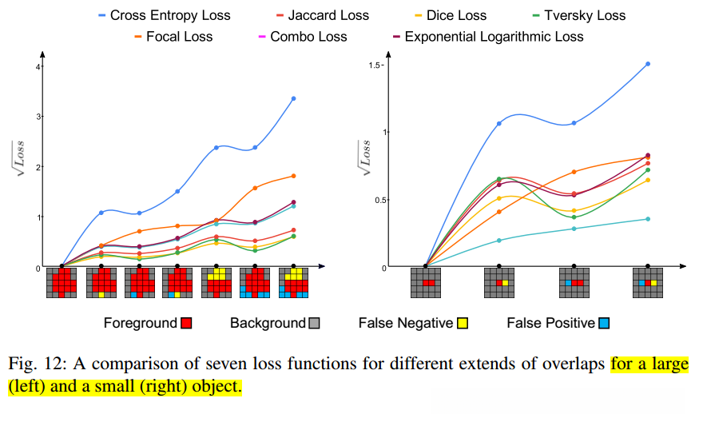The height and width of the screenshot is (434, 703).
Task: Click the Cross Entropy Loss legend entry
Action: (x=164, y=15)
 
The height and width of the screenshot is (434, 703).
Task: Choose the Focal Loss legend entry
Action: (x=173, y=37)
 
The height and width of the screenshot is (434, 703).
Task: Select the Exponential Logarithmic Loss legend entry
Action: (x=487, y=37)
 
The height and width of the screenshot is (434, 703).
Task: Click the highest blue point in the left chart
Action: (x=293, y=98)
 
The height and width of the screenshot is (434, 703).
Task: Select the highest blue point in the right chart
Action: (x=647, y=64)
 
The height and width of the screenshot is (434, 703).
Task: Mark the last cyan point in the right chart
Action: (x=647, y=219)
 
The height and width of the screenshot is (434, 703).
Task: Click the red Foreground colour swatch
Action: (x=186, y=323)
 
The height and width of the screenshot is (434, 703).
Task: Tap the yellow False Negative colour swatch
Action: (x=461, y=323)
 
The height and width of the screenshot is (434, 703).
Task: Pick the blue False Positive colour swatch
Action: (x=604, y=323)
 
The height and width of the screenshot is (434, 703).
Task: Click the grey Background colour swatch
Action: (x=314, y=323)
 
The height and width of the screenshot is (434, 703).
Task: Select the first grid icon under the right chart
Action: (x=425, y=283)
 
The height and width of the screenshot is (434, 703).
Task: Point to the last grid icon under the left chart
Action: (x=293, y=283)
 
